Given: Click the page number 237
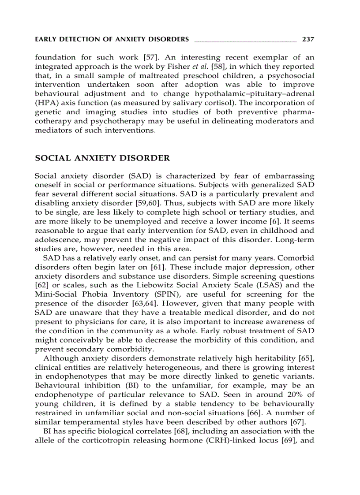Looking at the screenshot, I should (x=307, y=39).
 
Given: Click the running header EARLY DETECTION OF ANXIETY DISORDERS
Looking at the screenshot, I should (x=112, y=39).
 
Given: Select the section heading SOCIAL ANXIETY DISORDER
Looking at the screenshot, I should (x=102, y=158).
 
